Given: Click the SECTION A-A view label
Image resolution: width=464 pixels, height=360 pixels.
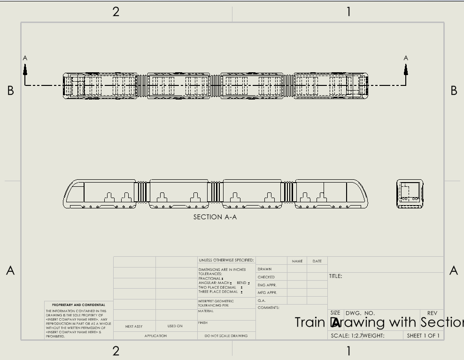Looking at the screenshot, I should pos(215,217).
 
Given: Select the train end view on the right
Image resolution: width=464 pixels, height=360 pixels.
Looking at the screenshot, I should pos(410,194).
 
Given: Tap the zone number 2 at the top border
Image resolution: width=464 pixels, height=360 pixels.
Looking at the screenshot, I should pos(116,12).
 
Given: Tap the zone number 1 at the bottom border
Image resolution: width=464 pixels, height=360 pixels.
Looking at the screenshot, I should pos(348,351).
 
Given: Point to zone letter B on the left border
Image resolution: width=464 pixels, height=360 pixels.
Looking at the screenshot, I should pos(10,91).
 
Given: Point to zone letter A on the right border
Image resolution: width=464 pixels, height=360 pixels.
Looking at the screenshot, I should pos(454,271).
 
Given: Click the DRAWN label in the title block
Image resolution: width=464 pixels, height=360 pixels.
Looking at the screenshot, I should pos(265,269).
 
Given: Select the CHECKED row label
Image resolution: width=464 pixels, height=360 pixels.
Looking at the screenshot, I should pos(266,277).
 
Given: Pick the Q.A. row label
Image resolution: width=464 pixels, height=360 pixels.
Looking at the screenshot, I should pos(262,300).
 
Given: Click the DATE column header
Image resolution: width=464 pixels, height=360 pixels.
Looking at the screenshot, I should pos(317,261).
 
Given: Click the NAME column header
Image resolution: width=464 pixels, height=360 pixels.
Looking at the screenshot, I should pos(297,261).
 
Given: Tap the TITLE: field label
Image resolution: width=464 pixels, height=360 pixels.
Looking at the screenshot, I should pos(336,276).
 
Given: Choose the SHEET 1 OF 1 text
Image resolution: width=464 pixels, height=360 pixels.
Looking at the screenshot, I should pos(423,336).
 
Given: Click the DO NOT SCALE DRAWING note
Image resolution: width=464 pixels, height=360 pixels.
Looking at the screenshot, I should pos(227,336).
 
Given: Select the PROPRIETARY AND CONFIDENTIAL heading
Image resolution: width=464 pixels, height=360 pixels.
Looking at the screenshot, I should pos(78,305).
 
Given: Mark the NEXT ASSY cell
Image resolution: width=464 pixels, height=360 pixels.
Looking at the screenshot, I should pos(134,326).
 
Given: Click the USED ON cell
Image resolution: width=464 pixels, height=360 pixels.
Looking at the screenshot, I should pos(175,326).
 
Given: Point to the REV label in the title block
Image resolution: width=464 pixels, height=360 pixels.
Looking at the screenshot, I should pos(432,313).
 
